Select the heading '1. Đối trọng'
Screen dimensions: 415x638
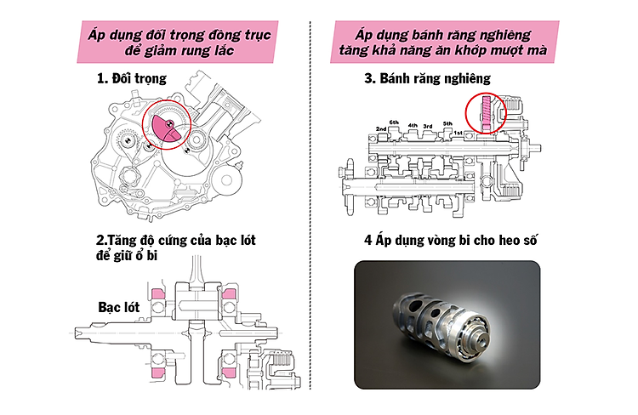[131, 79]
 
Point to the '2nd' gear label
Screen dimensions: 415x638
[382, 129]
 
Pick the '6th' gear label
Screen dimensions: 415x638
[394, 122]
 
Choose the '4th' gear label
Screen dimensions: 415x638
[413, 126]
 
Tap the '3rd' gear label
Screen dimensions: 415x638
[428, 126]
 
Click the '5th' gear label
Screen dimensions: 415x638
[447, 123]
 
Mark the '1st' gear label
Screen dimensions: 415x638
[458, 134]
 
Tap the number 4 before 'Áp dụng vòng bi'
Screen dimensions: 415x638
[367, 241]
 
